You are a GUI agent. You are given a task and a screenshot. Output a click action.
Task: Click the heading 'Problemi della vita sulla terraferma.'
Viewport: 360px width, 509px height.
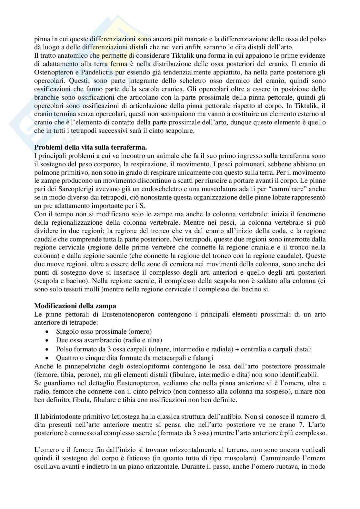tap(91, 148)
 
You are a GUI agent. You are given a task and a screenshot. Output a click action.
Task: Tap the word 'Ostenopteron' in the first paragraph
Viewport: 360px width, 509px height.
tap(52, 72)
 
